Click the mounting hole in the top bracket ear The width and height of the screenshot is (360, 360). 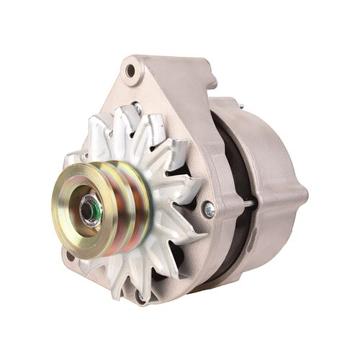pyautogui.click(x=130, y=71)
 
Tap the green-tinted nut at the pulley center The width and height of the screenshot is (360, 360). pyautogui.click(x=90, y=210)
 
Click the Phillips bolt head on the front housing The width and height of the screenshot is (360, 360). pyautogui.click(x=210, y=209)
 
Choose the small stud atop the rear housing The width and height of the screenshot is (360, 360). pyautogui.click(x=241, y=106)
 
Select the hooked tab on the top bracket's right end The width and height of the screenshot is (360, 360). pyautogui.click(x=209, y=72)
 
